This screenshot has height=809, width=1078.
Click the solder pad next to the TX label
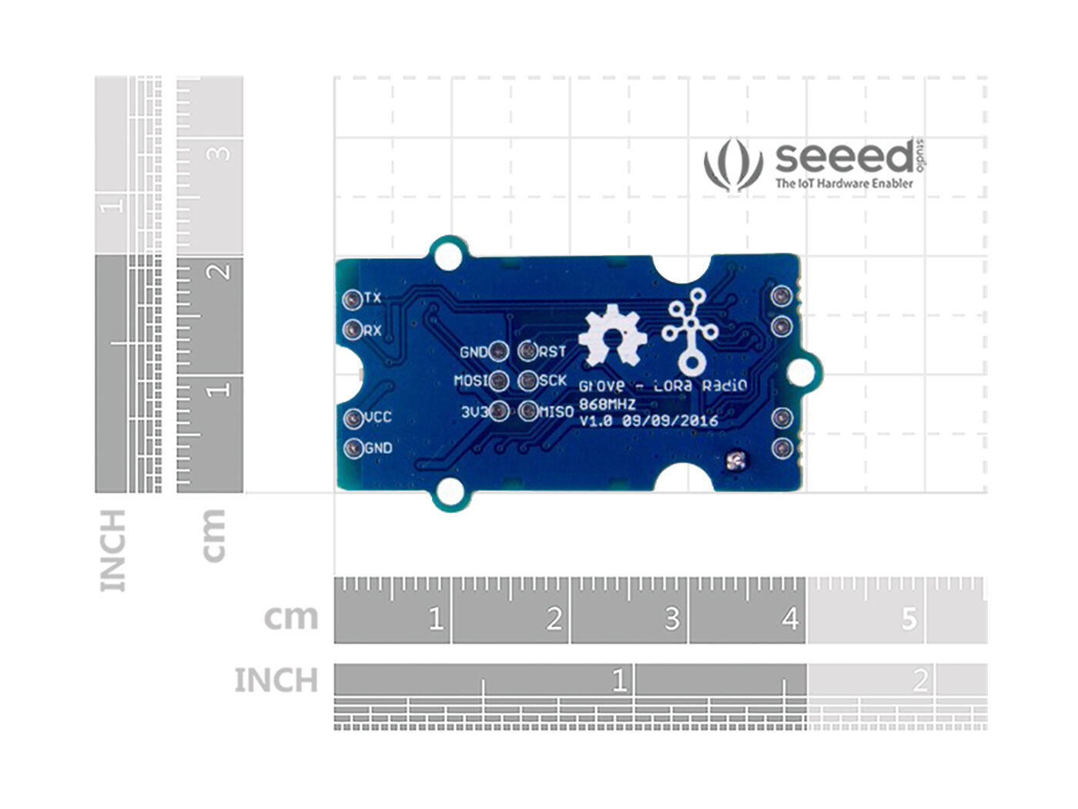pos(353,298)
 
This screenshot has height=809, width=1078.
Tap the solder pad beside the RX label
pos(353,331)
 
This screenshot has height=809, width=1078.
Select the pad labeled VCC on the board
pos(353,418)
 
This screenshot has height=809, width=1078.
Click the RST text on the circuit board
pos(552,352)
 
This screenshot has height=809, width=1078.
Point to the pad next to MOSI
pos(499,381)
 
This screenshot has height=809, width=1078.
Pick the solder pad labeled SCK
pos(527,381)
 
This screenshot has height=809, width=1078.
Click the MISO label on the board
pos(556,412)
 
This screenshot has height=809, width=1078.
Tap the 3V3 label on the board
pos(474,412)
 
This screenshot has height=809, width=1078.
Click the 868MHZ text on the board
pos(607,404)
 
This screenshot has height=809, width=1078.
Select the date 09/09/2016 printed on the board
pos(670,421)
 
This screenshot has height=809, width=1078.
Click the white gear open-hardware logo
pos(612,335)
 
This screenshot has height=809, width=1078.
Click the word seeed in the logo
pos(844,157)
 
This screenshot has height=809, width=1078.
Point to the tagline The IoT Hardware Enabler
pos(844,183)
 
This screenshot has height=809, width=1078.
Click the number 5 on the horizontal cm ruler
pos(909,619)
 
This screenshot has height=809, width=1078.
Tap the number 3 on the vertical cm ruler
pos(220,153)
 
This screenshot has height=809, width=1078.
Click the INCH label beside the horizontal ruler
pos(276,681)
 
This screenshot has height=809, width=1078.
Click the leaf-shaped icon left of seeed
pos(732,164)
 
